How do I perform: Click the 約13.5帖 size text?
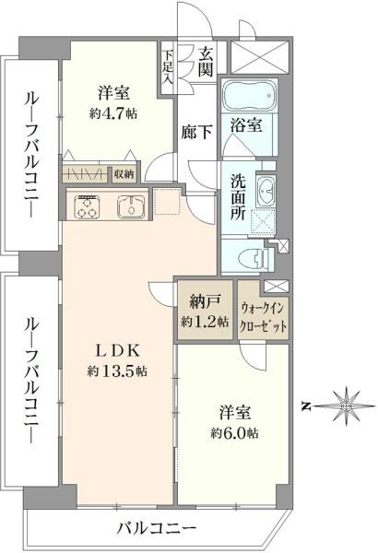coord(118,371)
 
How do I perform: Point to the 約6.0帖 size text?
coord(233,432)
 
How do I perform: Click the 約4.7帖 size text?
coord(113,113)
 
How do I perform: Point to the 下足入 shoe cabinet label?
coord(168,65)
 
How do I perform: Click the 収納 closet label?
coord(124,172)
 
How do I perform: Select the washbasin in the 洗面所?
coord(266,190)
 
